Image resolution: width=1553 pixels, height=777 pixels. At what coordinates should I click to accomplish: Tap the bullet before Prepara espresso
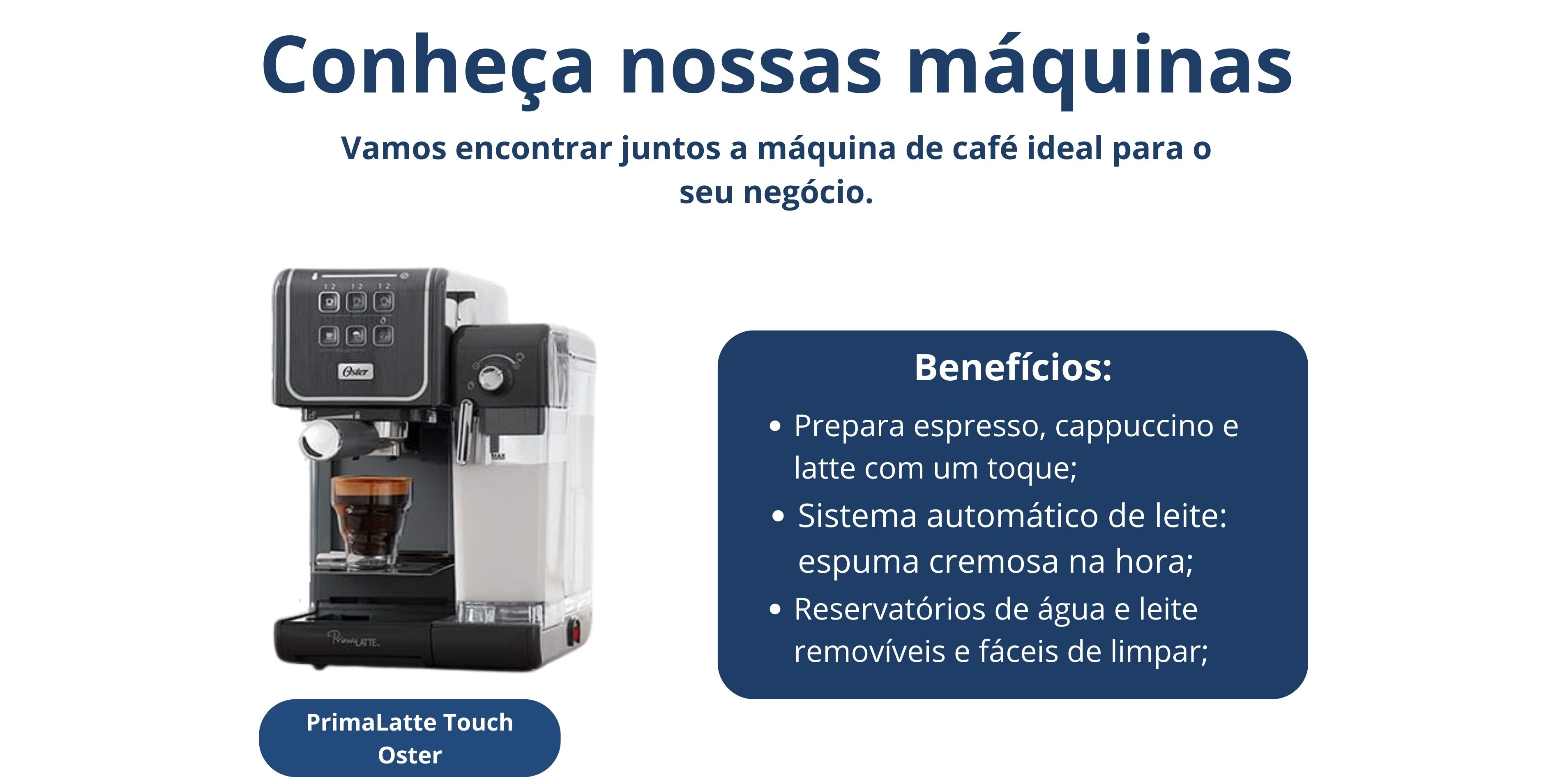(x=776, y=426)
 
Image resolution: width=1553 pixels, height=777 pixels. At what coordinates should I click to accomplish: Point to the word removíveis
(x=869, y=652)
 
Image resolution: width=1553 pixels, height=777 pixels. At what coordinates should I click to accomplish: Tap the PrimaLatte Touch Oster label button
(x=410, y=738)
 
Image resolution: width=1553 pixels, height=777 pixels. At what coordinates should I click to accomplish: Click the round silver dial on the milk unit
(x=491, y=378)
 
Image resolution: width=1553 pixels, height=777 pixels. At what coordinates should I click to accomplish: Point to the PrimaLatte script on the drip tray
(x=353, y=639)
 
